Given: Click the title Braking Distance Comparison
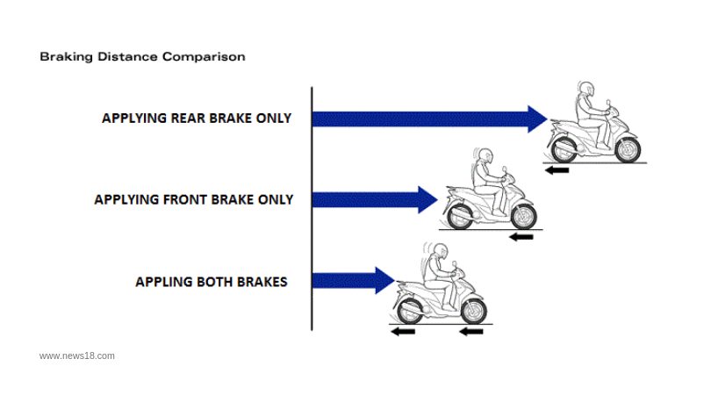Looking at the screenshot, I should click(x=142, y=56).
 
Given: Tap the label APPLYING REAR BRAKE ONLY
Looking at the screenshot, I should click(x=197, y=118).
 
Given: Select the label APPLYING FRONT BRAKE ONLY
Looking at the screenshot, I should click(x=193, y=199).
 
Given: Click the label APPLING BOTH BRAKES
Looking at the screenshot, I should click(x=211, y=282).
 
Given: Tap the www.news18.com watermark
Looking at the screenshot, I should click(x=77, y=355).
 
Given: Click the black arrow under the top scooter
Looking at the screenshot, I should click(x=556, y=169).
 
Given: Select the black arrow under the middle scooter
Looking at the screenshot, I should click(x=521, y=236).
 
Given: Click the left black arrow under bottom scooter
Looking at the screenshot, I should click(x=403, y=332).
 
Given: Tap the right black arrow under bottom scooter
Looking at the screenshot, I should click(x=470, y=332).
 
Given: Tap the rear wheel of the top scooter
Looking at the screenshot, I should click(x=561, y=148).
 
